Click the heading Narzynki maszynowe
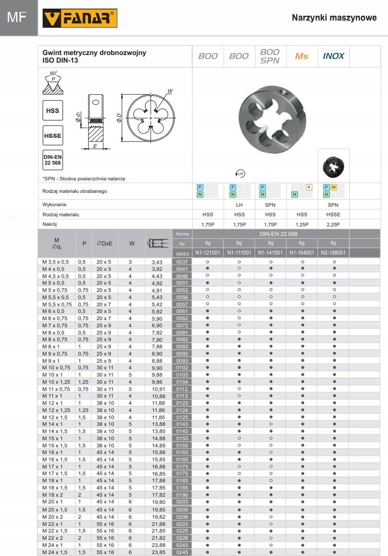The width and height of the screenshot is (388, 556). pyautogui.click(x=334, y=18)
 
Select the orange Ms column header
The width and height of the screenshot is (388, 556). pyautogui.click(x=301, y=56)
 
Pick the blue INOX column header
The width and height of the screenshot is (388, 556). pyautogui.click(x=333, y=56)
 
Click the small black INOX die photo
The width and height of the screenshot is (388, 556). pyautogui.click(x=333, y=166)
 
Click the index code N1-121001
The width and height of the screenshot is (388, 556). pyautogui.click(x=207, y=253)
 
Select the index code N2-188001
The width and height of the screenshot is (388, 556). pyautogui.click(x=334, y=253)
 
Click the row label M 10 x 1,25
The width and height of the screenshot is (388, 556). pyautogui.click(x=56, y=382)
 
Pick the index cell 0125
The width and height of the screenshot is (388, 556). pyautogui.click(x=182, y=417)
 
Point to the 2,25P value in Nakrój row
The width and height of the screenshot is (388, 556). pyautogui.click(x=333, y=224)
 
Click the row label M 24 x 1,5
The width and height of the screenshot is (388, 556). pyautogui.click(x=56, y=552)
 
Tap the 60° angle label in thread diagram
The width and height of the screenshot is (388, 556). pyautogui.click(x=53, y=73)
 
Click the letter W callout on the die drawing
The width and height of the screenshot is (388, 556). pyautogui.click(x=170, y=90)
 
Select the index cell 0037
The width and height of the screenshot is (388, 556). pyautogui.click(x=182, y=262)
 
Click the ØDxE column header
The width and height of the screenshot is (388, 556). pyautogui.click(x=104, y=243)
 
